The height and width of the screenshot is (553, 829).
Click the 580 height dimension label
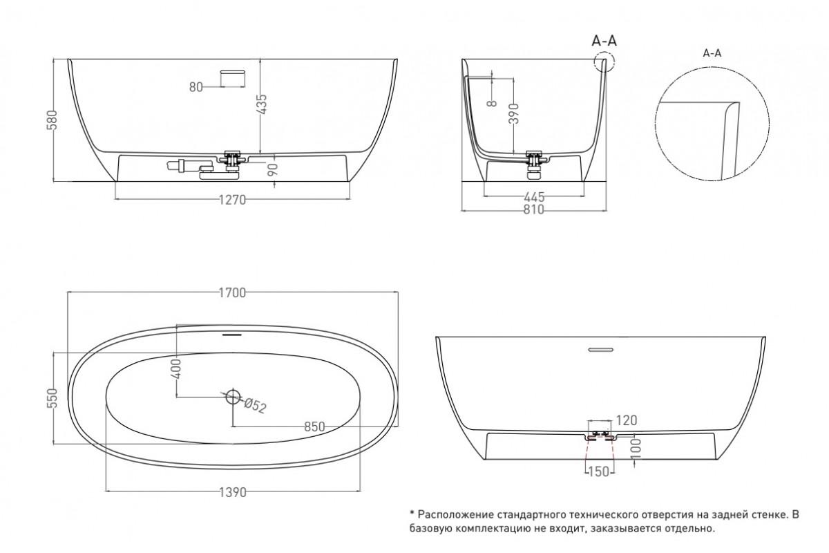(x=53, y=120)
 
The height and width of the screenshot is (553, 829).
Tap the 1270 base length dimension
(x=232, y=200)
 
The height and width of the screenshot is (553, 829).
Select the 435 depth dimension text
(x=261, y=104)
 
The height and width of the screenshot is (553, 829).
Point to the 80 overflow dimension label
(x=196, y=87)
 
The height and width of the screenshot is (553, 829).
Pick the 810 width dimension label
(x=533, y=210)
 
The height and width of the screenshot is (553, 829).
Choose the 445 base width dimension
(x=534, y=197)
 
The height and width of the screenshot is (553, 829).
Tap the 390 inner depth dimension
(x=514, y=113)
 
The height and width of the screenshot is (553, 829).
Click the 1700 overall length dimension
(x=232, y=293)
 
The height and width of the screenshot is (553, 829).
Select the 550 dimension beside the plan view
(x=53, y=397)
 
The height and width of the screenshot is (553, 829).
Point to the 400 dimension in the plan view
(x=177, y=369)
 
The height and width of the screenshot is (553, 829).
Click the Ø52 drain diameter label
(x=256, y=406)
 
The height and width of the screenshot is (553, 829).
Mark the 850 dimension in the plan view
(x=314, y=427)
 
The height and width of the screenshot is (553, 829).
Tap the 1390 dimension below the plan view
(x=233, y=493)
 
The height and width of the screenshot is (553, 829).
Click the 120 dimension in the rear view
(x=626, y=420)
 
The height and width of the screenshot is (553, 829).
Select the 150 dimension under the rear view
(x=598, y=471)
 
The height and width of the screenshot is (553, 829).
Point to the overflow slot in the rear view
(x=600, y=349)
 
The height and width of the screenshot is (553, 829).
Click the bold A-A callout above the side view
(x=604, y=41)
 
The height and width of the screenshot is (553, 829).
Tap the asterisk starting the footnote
(x=412, y=514)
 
